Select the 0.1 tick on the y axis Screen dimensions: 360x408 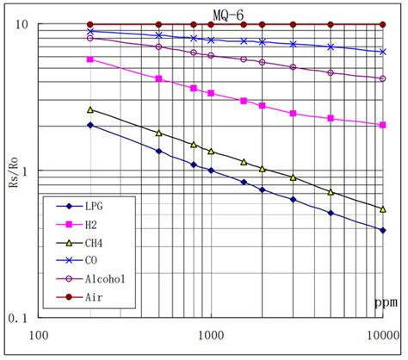(19, 318)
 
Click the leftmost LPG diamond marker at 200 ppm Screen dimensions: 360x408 (90, 125)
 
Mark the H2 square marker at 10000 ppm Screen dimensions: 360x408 (383, 125)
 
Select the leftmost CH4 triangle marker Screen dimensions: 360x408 (90, 109)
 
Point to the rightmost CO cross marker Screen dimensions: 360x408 (383, 52)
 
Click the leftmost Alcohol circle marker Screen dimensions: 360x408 (90, 38)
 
